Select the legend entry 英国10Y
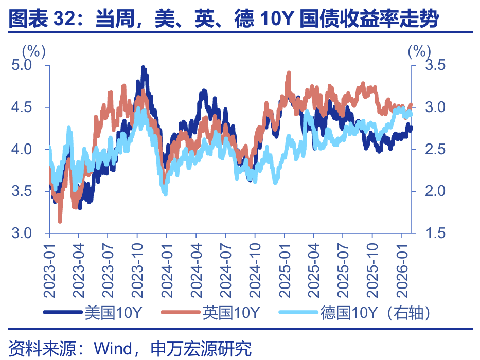coord(231,312)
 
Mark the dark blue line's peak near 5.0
coord(143,68)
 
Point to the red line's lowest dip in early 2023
coord(60,221)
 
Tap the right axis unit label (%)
coord(419,50)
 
